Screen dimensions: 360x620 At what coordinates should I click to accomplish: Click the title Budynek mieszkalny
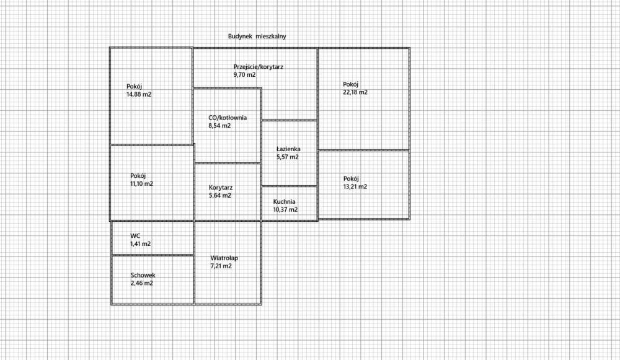pyautogui.click(x=257, y=37)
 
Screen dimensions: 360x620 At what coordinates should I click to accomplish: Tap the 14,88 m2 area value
pyautogui.click(x=139, y=95)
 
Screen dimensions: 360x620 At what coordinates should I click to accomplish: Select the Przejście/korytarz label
pyautogui.click(x=259, y=66)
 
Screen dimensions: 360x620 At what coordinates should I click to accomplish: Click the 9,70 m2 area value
pyautogui.click(x=244, y=74)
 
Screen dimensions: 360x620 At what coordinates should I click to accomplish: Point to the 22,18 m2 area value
pyautogui.click(x=355, y=92)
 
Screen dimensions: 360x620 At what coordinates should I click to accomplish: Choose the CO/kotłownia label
pyautogui.click(x=228, y=118)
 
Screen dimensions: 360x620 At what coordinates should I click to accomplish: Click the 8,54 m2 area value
pyautogui.click(x=219, y=126)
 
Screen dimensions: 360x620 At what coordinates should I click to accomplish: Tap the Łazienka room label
pyautogui.click(x=288, y=149)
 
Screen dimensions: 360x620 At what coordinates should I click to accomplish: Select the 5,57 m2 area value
pyautogui.click(x=287, y=157)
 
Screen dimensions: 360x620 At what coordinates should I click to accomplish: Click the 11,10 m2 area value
pyautogui.click(x=141, y=183)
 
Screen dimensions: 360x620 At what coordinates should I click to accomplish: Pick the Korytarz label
pyautogui.click(x=221, y=187)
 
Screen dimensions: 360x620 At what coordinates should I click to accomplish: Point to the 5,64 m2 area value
pyautogui.click(x=219, y=195)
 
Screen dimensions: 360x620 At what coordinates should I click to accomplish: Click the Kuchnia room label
pyautogui.click(x=285, y=201)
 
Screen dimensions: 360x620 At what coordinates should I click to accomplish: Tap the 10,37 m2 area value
pyautogui.click(x=285, y=209)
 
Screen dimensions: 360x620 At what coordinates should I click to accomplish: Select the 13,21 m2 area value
pyautogui.click(x=355, y=187)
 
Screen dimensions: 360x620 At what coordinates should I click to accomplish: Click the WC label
pyautogui.click(x=135, y=236)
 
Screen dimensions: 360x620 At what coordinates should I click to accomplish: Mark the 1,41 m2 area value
pyautogui.click(x=140, y=244)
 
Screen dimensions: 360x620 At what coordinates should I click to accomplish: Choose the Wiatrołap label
pyautogui.click(x=224, y=258)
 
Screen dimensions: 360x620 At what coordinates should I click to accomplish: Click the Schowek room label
pyautogui.click(x=143, y=275)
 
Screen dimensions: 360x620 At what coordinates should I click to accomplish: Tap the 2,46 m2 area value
pyautogui.click(x=141, y=283)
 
